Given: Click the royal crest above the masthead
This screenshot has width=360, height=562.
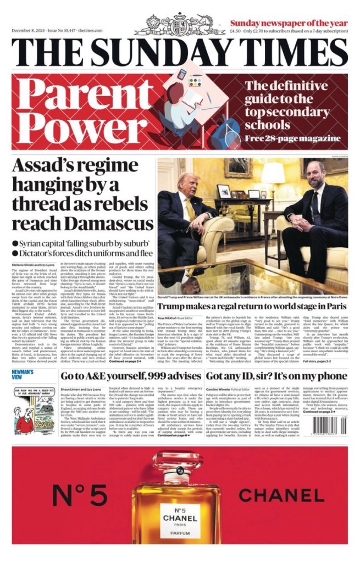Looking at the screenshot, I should click(x=180, y=25).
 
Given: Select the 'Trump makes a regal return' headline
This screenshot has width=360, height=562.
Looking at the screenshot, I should click(x=252, y=305).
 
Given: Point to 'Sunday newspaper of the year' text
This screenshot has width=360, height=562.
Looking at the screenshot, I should click(x=289, y=23).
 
